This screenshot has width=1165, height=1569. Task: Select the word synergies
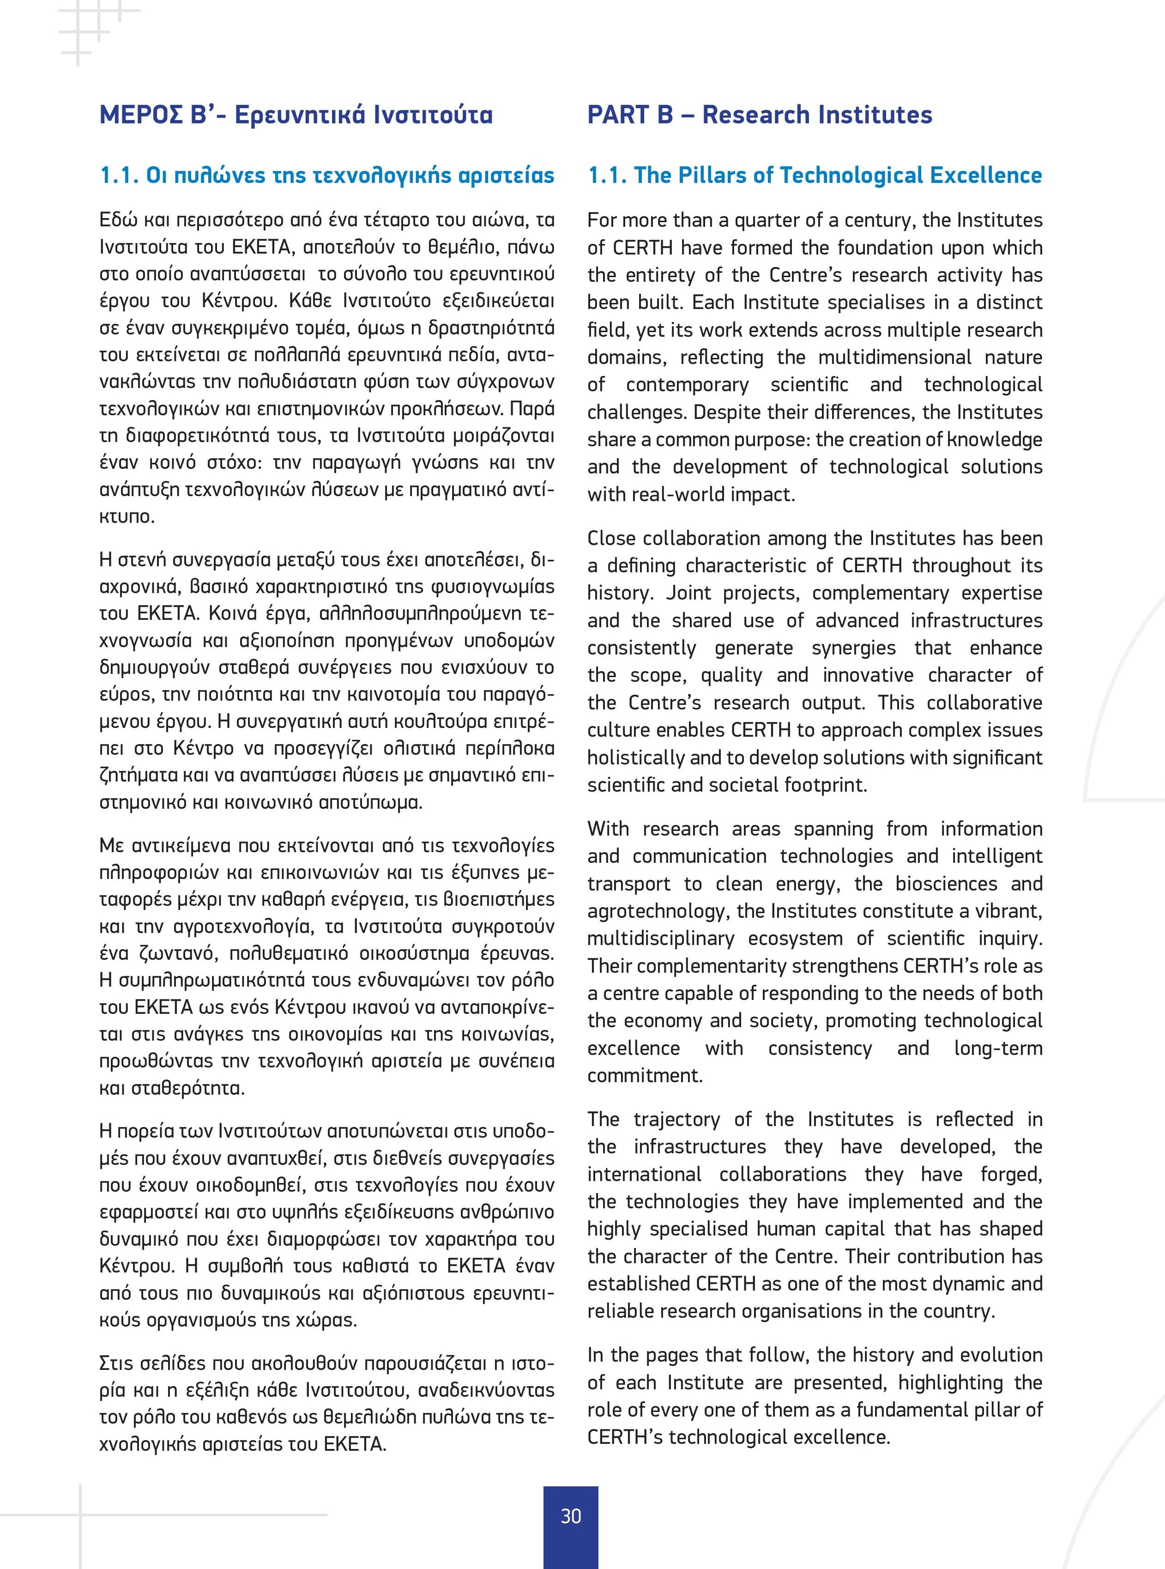(853, 648)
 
